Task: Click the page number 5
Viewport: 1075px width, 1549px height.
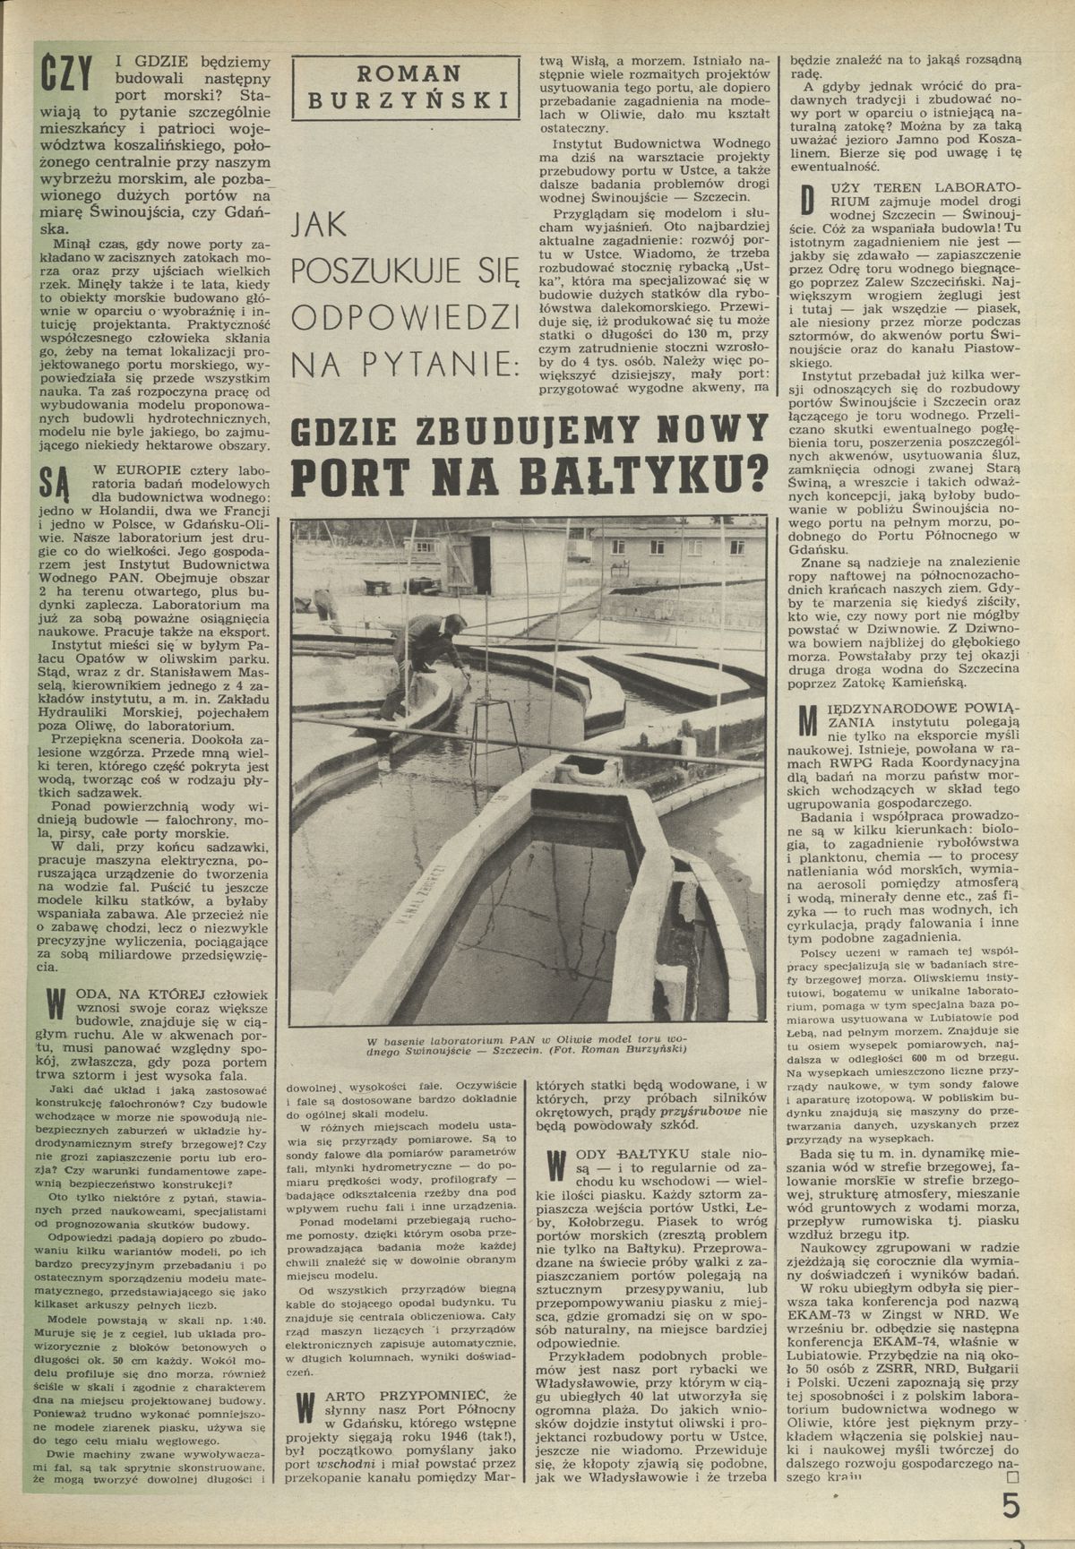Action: pos(1011,1506)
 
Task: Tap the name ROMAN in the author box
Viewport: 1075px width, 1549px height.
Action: pos(406,73)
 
